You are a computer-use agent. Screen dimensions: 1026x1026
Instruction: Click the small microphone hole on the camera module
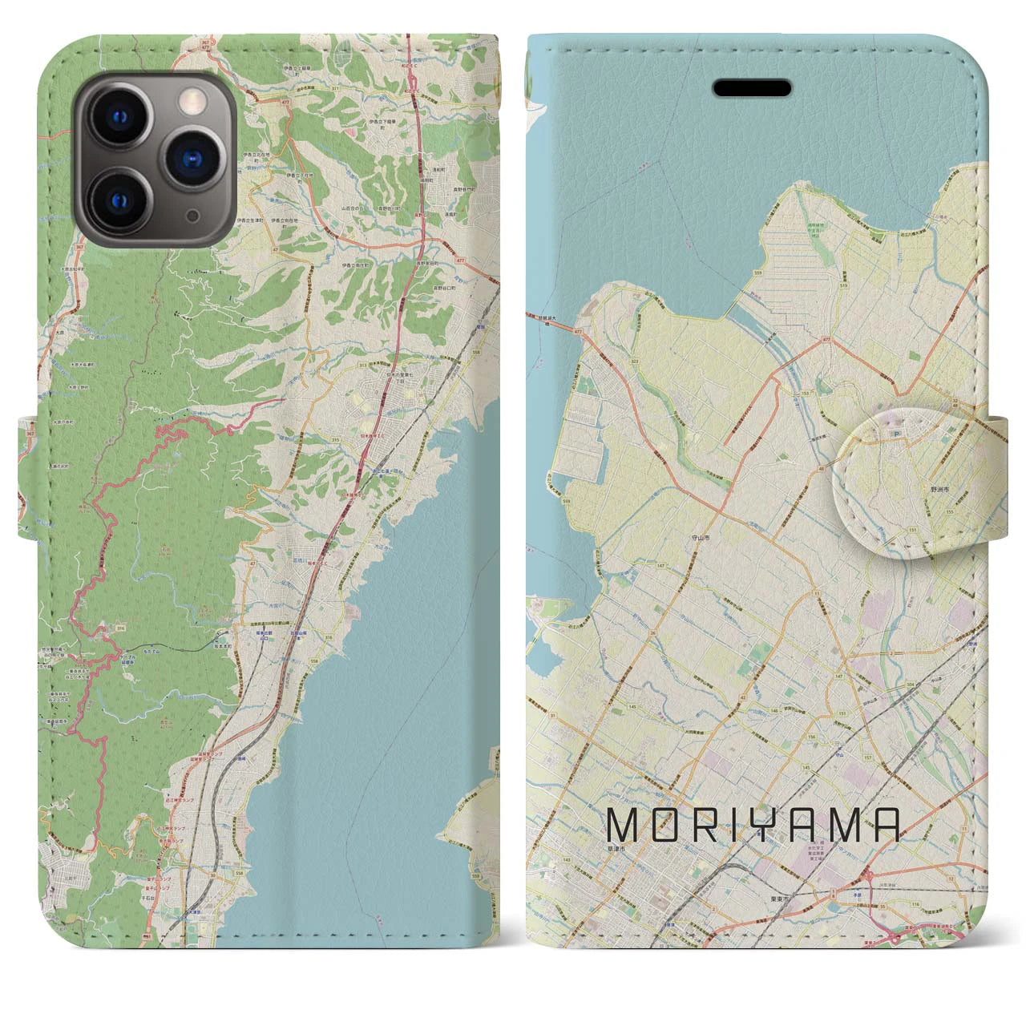click(x=192, y=216)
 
